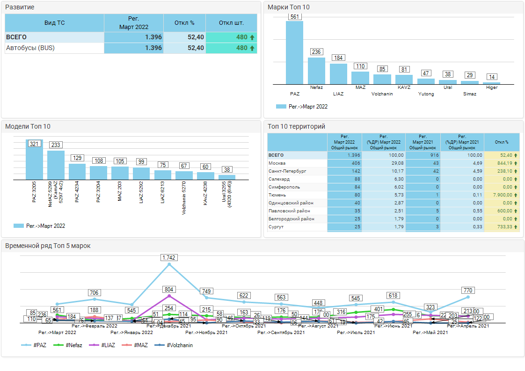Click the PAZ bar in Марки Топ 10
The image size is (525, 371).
tap(294, 52)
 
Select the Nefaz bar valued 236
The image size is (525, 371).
tap(316, 71)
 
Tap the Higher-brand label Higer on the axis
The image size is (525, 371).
tap(492, 87)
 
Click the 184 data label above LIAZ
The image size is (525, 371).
tap(338, 58)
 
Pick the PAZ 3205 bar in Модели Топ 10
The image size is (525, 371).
tap(34, 160)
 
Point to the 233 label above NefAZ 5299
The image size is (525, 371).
tap(56, 145)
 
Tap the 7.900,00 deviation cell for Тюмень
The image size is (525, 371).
tap(501, 195)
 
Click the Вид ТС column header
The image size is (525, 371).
tap(54, 23)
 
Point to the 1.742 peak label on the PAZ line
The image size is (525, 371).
tap(169, 258)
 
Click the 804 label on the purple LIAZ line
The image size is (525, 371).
tap(169, 290)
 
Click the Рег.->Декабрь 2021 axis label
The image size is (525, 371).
tap(169, 326)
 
